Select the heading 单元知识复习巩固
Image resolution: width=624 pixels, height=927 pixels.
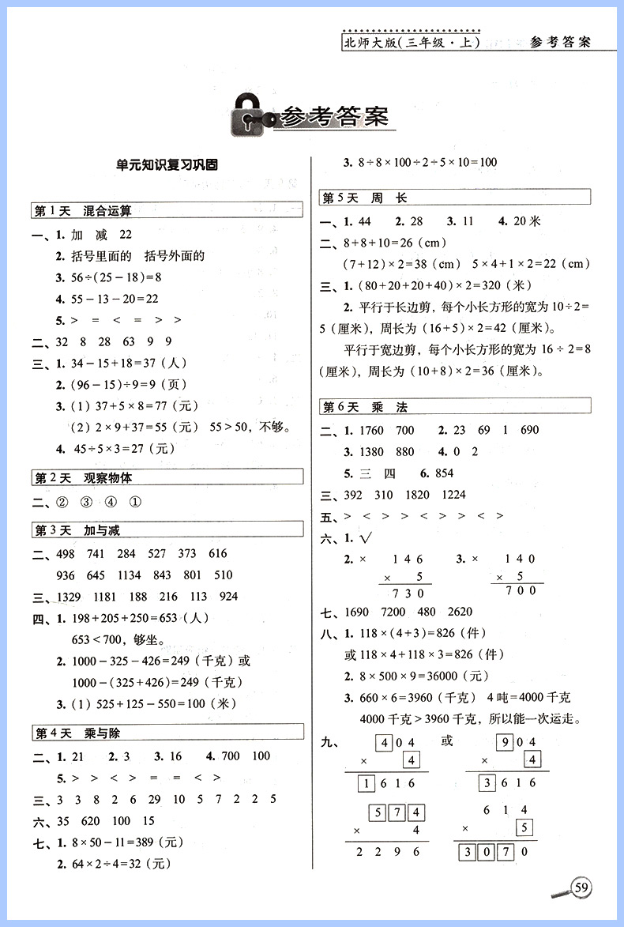pyautogui.click(x=166, y=165)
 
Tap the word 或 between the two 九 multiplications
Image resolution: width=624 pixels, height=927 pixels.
pyautogui.click(x=448, y=740)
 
